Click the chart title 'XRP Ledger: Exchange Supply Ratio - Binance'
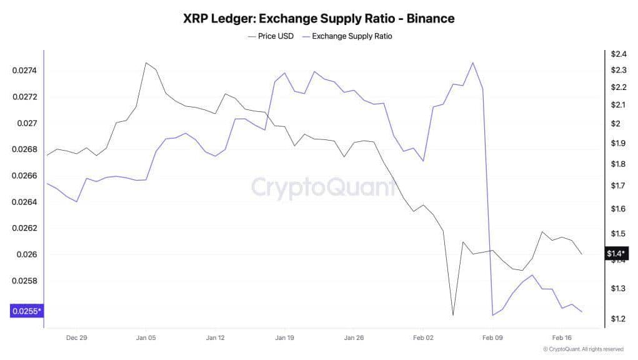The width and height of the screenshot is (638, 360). tap(319, 18)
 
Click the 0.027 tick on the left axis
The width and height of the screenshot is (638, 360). tap(27, 123)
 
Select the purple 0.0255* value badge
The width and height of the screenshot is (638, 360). tap(26, 311)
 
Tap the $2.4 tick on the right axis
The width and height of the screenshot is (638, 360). tap(618, 54)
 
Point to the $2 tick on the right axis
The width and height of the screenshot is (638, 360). tap(616, 123)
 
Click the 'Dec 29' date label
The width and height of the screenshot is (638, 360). tap(76, 337)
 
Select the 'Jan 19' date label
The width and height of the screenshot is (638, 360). tap(284, 337)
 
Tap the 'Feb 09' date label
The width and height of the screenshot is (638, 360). tap(492, 337)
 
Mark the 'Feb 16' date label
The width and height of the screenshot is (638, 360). tap(561, 337)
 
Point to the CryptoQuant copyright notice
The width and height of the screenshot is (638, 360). tap(583, 349)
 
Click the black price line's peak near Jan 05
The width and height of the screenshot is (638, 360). tap(146, 62)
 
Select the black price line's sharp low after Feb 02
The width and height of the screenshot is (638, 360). tap(452, 316)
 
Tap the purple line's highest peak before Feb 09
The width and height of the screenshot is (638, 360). tap(472, 62)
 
